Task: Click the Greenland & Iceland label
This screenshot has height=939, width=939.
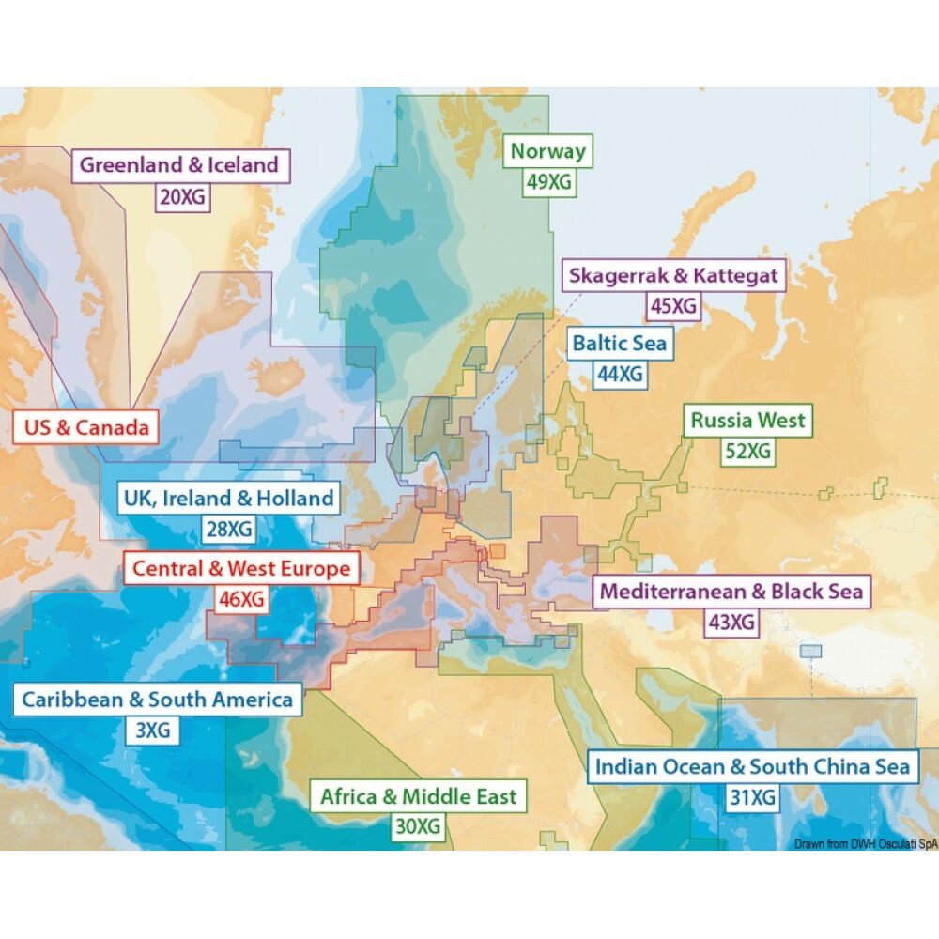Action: (179, 165)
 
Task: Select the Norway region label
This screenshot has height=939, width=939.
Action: (548, 151)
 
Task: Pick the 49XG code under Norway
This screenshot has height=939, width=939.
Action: (548, 182)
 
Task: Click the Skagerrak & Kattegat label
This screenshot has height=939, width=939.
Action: (673, 275)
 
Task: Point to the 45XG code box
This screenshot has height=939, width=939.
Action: (673, 306)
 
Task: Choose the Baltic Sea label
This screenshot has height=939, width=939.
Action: (620, 343)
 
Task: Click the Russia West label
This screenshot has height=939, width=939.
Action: (747, 420)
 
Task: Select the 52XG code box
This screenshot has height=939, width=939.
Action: (747, 452)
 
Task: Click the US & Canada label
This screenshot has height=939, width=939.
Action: (87, 428)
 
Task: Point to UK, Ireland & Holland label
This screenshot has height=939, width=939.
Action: (229, 498)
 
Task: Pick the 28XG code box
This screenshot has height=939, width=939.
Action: (229, 530)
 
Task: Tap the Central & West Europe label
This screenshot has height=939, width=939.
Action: (241, 568)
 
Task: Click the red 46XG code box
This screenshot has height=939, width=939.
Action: (240, 599)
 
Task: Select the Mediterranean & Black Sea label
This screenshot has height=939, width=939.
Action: (731, 592)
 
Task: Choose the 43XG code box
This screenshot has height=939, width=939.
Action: (731, 622)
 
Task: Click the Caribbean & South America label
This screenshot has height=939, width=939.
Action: (157, 699)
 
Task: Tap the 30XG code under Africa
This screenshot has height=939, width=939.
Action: (418, 827)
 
